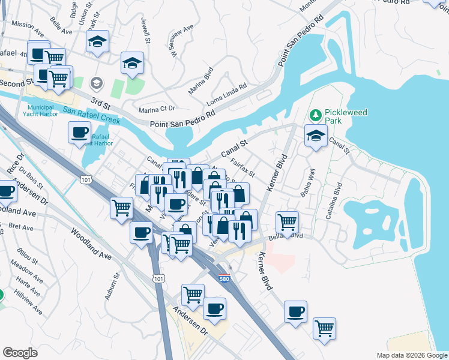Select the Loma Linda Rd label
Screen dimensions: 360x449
227,95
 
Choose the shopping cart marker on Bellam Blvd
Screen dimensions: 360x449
288,221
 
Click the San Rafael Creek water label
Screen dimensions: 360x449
91,115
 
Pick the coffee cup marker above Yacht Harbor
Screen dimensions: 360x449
79,132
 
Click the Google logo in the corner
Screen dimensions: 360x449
20,352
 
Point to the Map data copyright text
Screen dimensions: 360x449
412,355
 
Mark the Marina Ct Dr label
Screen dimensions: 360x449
156,109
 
